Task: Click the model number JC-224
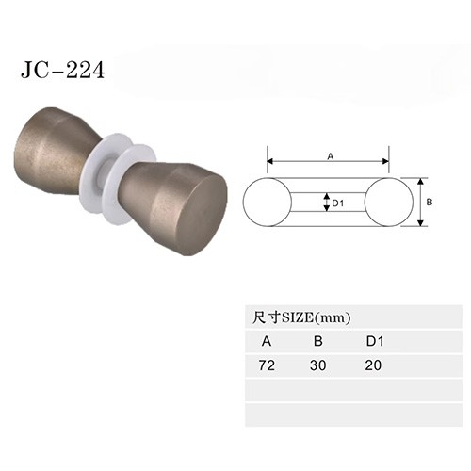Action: point(62,70)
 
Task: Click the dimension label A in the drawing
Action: point(331,156)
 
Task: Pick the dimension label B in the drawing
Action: point(430,203)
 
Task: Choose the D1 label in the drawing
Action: point(338,203)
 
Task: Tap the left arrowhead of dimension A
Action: point(270,161)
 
